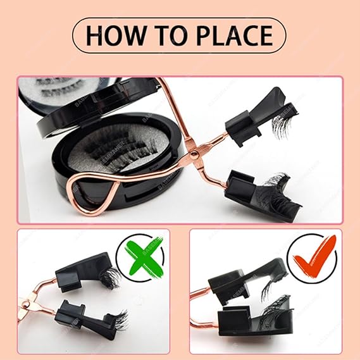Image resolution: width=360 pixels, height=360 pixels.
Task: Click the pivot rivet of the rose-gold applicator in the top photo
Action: tap(194, 153)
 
